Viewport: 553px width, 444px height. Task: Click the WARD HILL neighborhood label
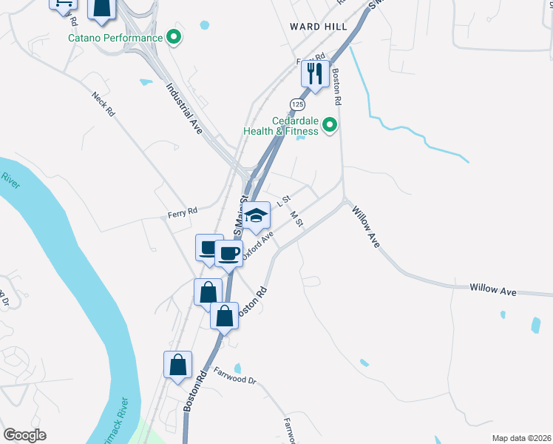[318, 27]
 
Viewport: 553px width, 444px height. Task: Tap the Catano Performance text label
[115, 38]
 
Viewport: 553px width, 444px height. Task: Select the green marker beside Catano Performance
[174, 37]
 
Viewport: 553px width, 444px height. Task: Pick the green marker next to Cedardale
[330, 125]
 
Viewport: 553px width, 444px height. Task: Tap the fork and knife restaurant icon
[315, 73]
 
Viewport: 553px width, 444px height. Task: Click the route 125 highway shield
[296, 103]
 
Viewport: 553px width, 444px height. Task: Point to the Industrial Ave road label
[183, 107]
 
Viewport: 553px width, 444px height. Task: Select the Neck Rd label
[104, 104]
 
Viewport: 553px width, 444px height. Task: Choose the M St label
[297, 219]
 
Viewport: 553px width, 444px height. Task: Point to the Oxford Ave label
[257, 243]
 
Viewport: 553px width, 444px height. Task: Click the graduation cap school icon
[257, 215]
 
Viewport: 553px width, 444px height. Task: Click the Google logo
[24, 435]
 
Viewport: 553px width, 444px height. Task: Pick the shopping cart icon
[63, 3]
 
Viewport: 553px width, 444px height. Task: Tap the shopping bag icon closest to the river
[177, 365]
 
